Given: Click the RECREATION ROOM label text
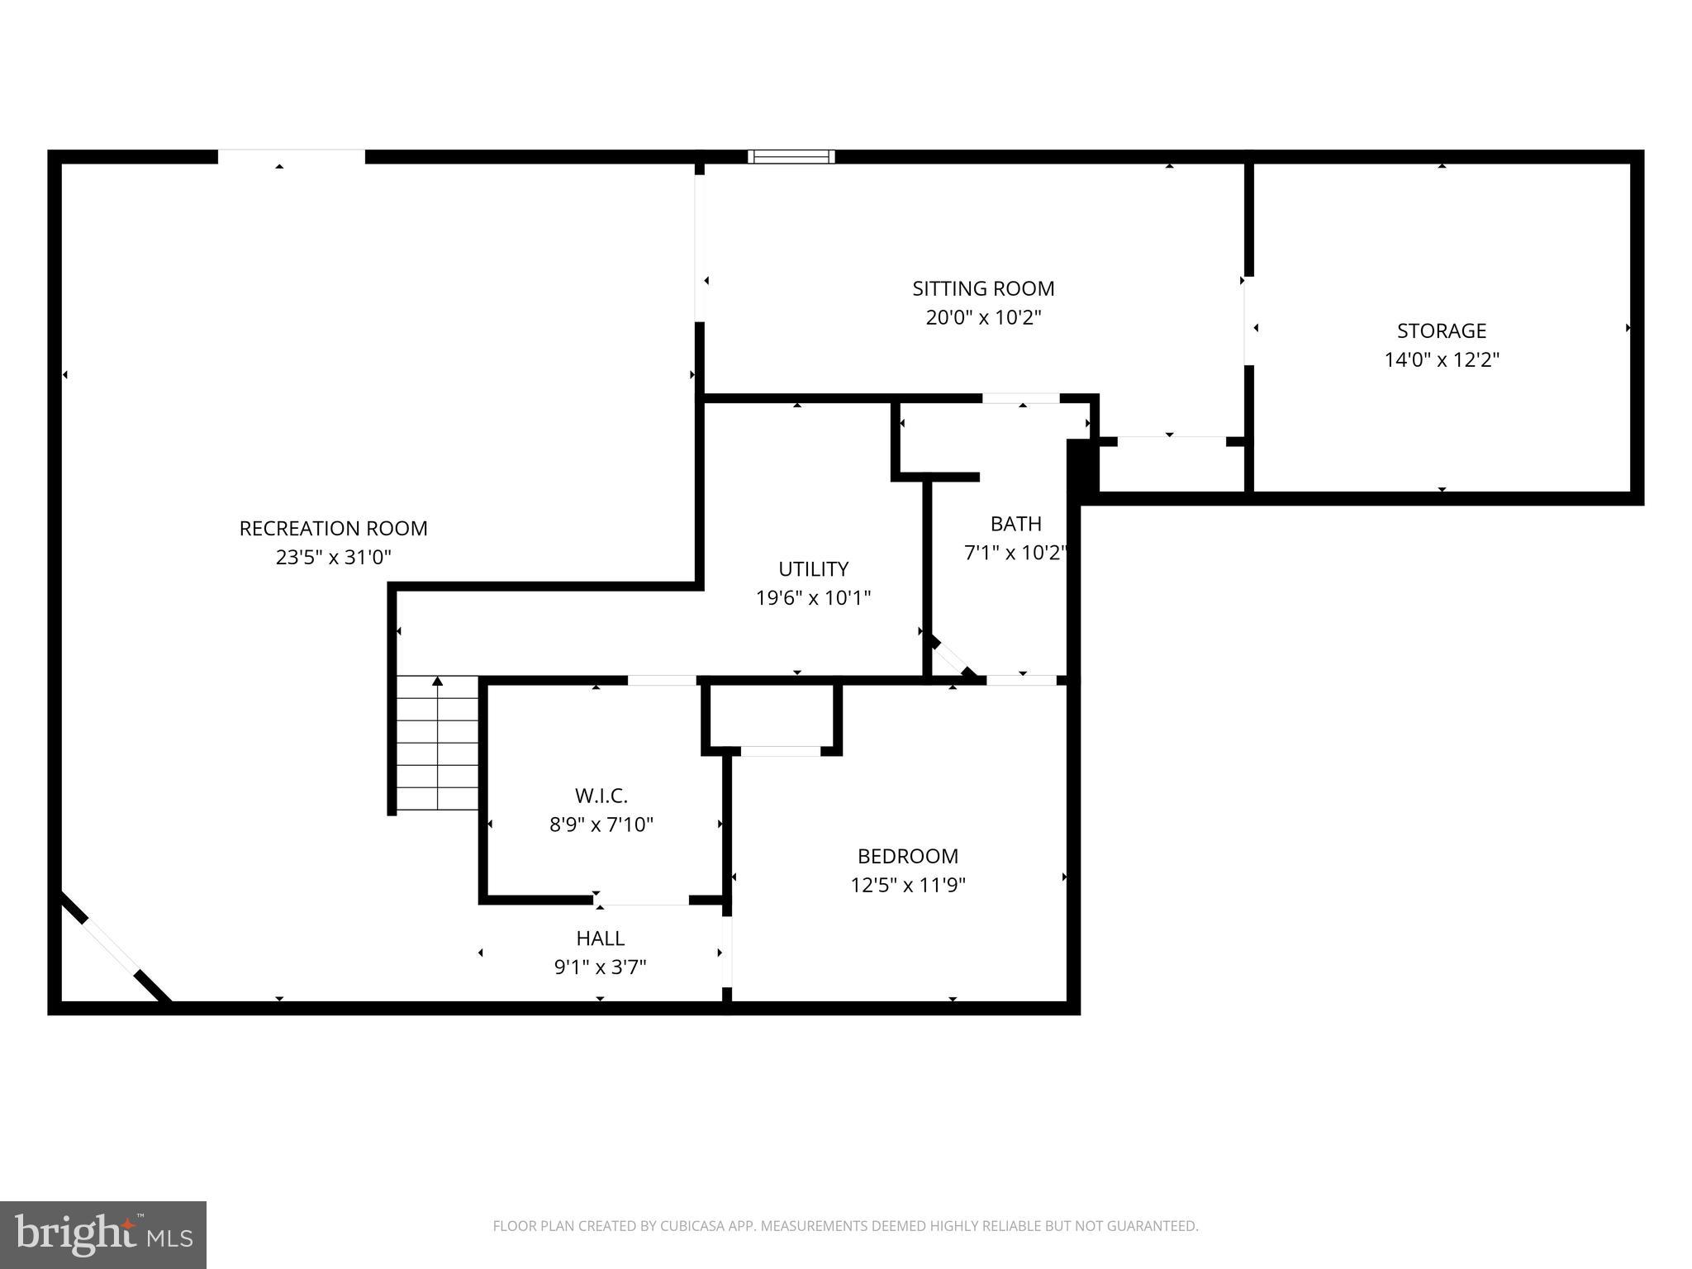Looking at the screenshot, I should point(333,529).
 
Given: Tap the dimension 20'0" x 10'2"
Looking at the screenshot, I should point(983,318).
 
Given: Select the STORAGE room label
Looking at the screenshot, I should point(1442,330).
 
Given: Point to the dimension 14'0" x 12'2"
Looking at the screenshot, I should point(1442,360).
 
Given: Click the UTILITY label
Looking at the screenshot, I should point(813,569).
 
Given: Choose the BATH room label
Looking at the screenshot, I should point(1015,524).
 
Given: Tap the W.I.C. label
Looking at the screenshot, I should point(601,796).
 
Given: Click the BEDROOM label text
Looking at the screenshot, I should point(908,856).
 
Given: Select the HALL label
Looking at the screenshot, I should point(601,939).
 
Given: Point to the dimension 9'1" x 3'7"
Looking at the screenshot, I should point(601,967).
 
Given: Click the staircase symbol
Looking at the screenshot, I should point(437,744).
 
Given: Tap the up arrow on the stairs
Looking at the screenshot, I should point(438,682).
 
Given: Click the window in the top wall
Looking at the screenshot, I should point(791,157).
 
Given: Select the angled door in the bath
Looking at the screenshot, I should point(952,658).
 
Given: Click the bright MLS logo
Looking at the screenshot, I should point(103,1235).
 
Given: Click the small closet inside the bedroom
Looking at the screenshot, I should point(772,715).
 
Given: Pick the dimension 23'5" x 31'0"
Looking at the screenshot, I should point(333,558).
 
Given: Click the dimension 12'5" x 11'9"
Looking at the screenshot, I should point(908,886).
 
